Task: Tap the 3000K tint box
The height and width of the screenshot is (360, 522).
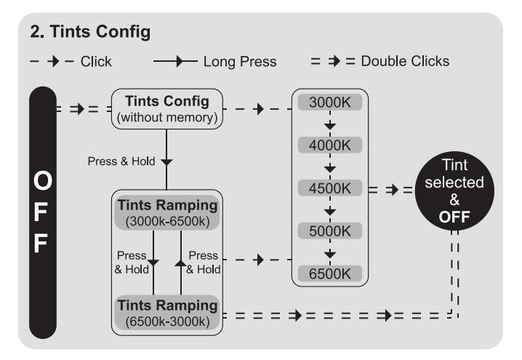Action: (330, 102)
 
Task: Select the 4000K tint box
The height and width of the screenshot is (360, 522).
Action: (330, 145)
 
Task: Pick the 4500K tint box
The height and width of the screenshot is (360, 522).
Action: (330, 188)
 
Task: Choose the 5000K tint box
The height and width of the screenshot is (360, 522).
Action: (330, 231)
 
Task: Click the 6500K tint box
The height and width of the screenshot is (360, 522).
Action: (330, 273)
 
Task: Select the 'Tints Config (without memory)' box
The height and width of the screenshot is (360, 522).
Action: (167, 108)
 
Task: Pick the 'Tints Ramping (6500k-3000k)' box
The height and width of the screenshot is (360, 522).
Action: (167, 312)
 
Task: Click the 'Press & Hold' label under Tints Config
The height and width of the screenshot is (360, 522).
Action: (121, 161)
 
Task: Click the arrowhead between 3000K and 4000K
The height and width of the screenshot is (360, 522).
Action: (330, 125)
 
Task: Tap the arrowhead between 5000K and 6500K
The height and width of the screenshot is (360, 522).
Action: (330, 253)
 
